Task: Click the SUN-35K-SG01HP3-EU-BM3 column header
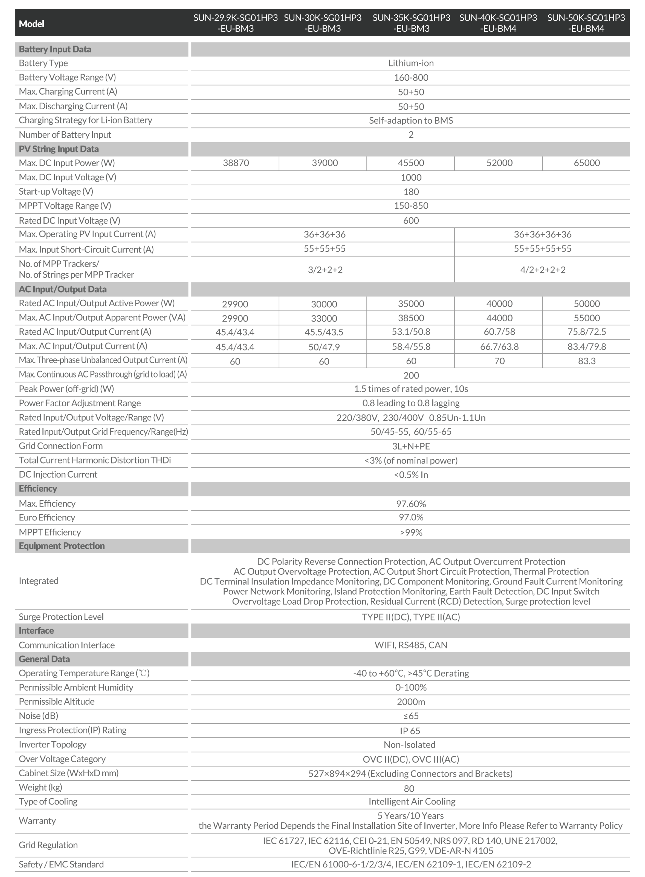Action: [x=411, y=23]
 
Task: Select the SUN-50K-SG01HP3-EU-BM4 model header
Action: [x=586, y=23]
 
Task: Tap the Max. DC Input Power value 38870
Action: [x=236, y=163]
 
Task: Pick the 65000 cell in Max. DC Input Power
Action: [x=586, y=163]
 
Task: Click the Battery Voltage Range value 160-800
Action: [x=411, y=78]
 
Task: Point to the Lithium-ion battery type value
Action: [x=411, y=63]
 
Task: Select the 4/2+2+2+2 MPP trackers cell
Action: [x=543, y=270]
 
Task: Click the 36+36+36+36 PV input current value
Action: [x=542, y=234]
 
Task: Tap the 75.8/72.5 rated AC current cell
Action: [x=586, y=332]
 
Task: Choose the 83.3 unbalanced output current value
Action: [x=586, y=361]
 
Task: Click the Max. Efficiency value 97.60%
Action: [x=411, y=504]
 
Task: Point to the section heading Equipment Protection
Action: [x=62, y=546]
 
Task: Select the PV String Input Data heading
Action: [x=59, y=149]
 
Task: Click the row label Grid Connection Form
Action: [x=61, y=446]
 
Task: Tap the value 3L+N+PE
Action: [x=411, y=446]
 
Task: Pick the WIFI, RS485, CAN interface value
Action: [x=411, y=645]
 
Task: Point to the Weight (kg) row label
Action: [x=40, y=787]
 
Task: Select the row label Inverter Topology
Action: [x=52, y=744]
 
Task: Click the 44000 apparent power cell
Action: [x=499, y=318]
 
